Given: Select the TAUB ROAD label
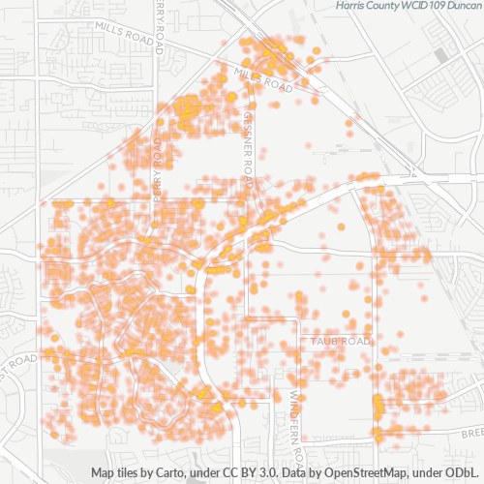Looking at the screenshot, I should coord(341,342).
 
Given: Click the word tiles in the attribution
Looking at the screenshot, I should coord(126,473).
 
